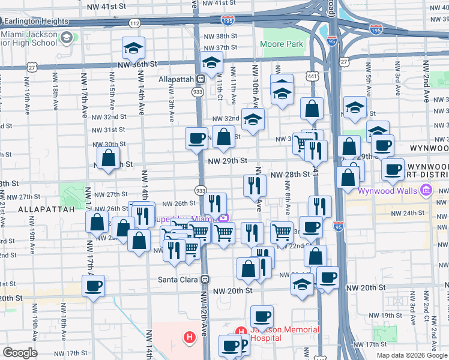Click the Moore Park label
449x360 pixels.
[x=282, y=44]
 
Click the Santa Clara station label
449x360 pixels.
[x=178, y=280]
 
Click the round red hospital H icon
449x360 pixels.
[x=190, y=338]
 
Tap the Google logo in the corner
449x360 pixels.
[x=20, y=353]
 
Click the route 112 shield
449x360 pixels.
[x=134, y=23]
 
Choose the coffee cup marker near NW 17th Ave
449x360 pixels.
[x=93, y=286]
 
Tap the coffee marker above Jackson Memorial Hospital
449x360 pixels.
[x=262, y=316]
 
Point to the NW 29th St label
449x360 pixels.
[x=228, y=161]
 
